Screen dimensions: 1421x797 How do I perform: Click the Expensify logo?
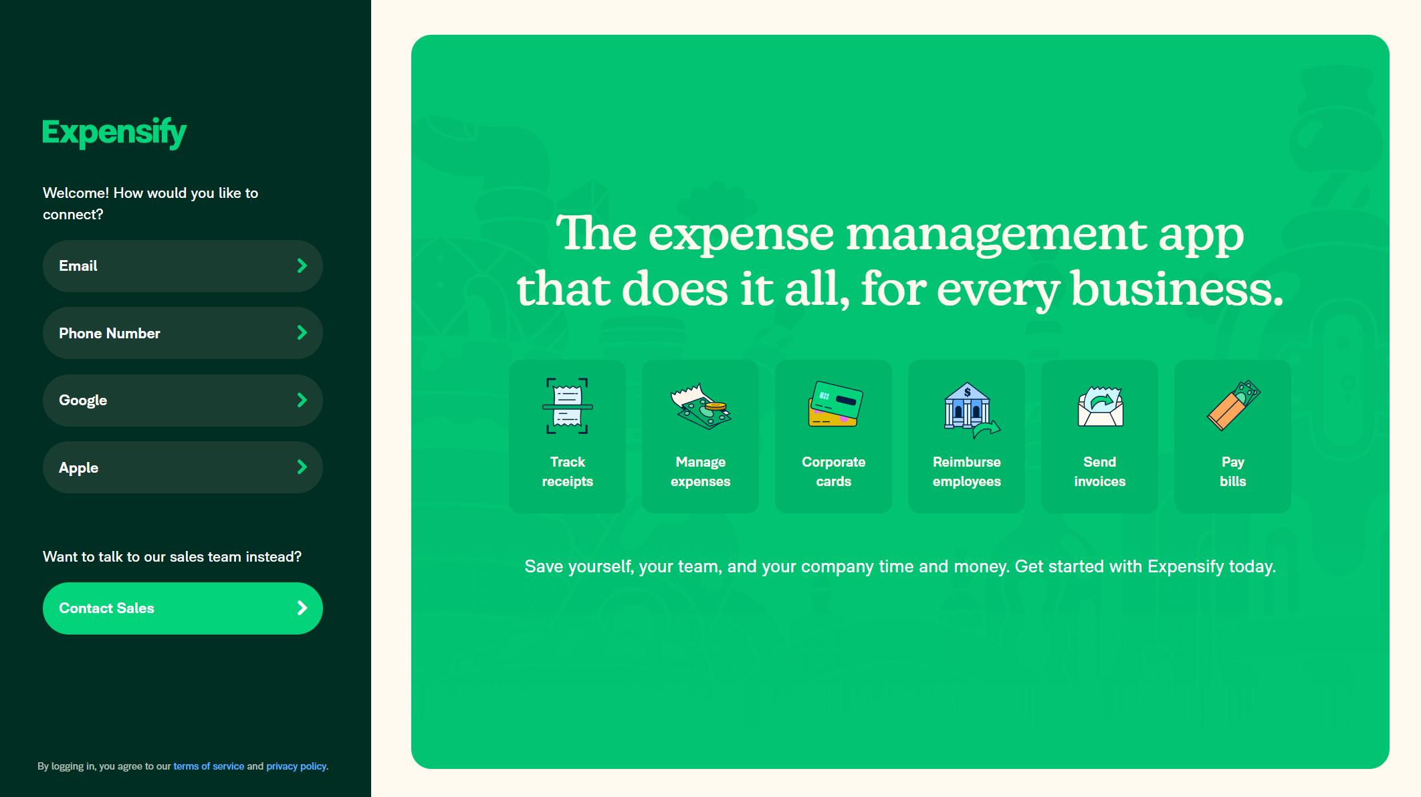tap(114, 132)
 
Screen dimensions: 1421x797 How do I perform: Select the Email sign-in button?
tap(183, 266)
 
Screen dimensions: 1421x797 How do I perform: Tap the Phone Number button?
tap(183, 333)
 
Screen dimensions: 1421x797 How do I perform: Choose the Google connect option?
tap(183, 401)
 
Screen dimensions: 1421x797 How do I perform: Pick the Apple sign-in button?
tap(183, 467)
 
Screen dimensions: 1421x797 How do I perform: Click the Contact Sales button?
tap(183, 608)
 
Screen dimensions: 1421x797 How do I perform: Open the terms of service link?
tap(209, 766)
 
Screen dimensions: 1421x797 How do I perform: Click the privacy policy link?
tap(296, 766)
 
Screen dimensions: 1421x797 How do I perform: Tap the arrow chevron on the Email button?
tap(302, 266)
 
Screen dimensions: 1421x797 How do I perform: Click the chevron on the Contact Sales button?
tap(302, 608)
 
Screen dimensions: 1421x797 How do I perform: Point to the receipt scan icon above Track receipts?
tap(567, 406)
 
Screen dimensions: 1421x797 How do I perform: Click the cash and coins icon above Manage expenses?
tap(700, 406)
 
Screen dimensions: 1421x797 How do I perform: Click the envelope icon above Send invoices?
tap(1100, 406)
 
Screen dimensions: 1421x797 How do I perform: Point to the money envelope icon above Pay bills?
tap(1233, 405)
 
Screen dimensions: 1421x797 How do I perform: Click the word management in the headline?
tap(996, 235)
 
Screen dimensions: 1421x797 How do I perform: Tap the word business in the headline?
tap(1177, 289)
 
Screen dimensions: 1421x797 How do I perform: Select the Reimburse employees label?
tap(967, 471)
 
